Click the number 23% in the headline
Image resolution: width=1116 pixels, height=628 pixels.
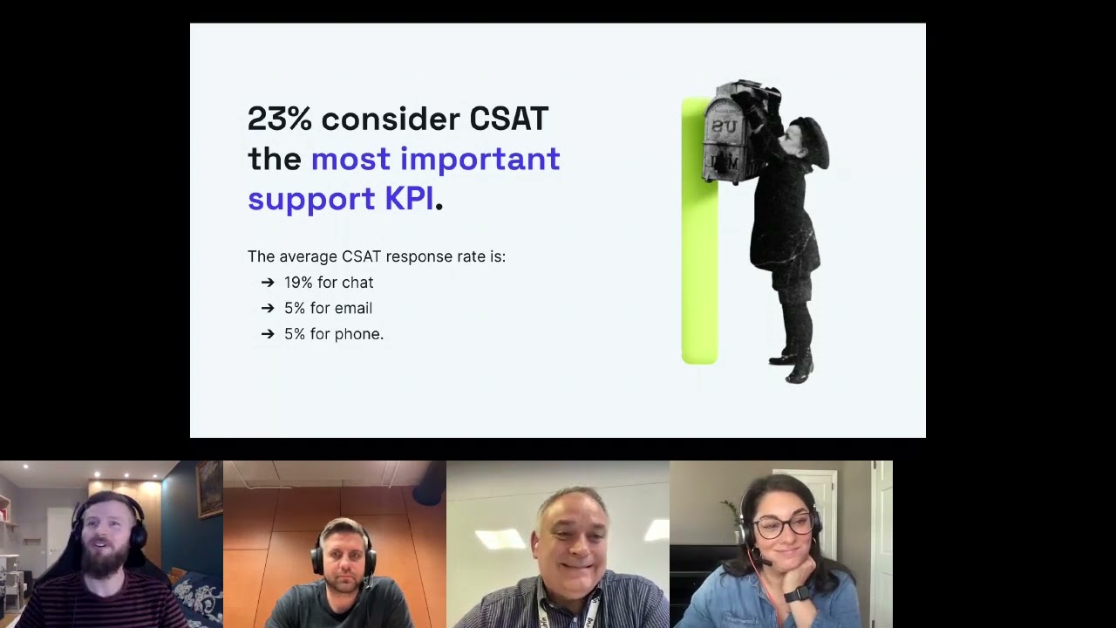click(x=279, y=119)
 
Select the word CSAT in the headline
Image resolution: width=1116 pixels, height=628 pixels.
click(x=508, y=119)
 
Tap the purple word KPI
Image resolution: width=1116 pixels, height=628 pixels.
click(x=409, y=199)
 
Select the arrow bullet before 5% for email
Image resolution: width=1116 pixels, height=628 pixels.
click(x=268, y=308)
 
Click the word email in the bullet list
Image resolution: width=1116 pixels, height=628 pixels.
click(x=352, y=308)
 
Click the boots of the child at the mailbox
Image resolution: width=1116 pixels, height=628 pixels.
click(x=796, y=366)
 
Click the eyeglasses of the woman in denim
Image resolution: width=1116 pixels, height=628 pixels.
click(x=781, y=526)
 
